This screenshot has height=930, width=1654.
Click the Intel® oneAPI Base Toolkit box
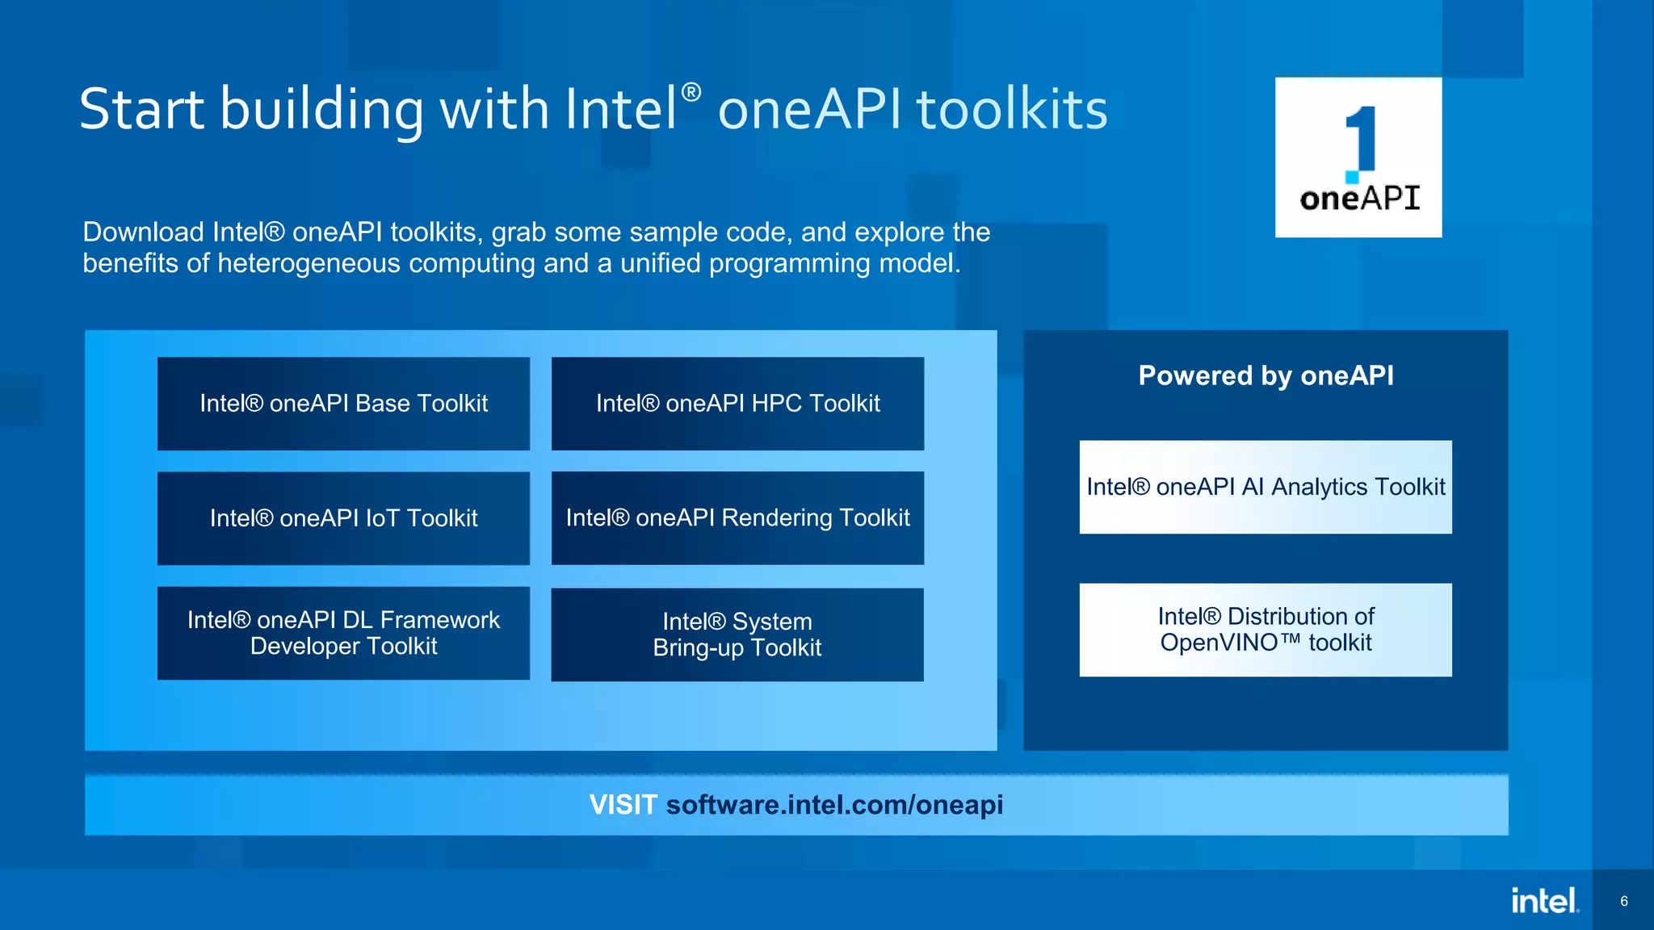point(343,404)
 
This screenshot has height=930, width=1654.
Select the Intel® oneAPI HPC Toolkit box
point(737,404)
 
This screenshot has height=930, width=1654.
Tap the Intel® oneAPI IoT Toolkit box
point(343,518)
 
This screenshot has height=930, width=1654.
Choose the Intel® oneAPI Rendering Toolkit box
point(737,518)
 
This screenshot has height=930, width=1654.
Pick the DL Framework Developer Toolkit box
point(343,633)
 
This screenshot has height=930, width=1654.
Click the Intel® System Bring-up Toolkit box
point(737,635)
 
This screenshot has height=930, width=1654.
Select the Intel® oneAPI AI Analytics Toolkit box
point(1266,487)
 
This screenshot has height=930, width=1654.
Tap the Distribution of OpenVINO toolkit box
point(1266,630)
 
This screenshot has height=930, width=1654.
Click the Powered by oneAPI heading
point(1266,376)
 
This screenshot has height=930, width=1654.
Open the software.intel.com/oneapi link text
point(834,805)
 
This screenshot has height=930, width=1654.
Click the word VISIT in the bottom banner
point(623,805)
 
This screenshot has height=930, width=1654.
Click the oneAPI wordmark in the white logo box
point(1359,199)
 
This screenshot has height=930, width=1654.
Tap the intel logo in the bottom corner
point(1544,901)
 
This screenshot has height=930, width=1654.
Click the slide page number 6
point(1624,901)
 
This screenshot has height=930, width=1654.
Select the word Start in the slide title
point(141,109)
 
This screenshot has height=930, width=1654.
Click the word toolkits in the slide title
point(1012,109)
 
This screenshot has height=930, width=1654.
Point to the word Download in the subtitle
point(143,232)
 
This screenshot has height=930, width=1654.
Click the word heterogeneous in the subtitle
point(309,264)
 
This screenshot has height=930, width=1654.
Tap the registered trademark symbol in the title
point(691,92)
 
